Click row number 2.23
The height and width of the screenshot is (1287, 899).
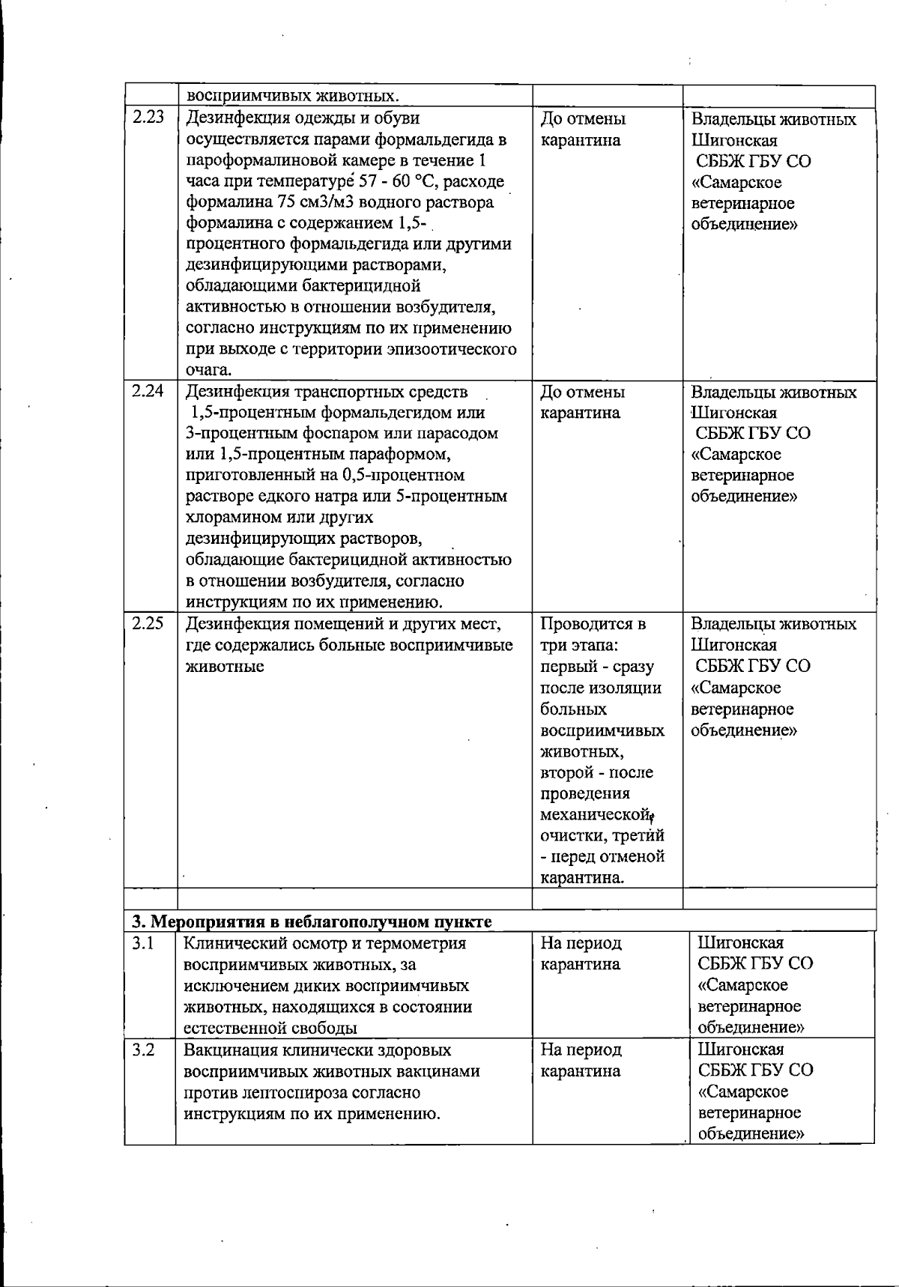[x=148, y=118]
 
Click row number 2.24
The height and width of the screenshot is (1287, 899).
[x=148, y=391]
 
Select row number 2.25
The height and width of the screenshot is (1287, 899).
[x=148, y=623]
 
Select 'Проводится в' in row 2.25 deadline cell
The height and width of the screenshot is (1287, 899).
[x=593, y=624]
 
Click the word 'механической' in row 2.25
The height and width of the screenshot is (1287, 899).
[x=593, y=814]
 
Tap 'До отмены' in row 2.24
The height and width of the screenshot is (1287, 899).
[x=583, y=392]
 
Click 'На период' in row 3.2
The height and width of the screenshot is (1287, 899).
[x=581, y=1050]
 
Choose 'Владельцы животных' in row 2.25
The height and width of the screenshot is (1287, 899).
[x=773, y=624]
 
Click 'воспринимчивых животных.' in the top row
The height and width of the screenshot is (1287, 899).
[x=293, y=96]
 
